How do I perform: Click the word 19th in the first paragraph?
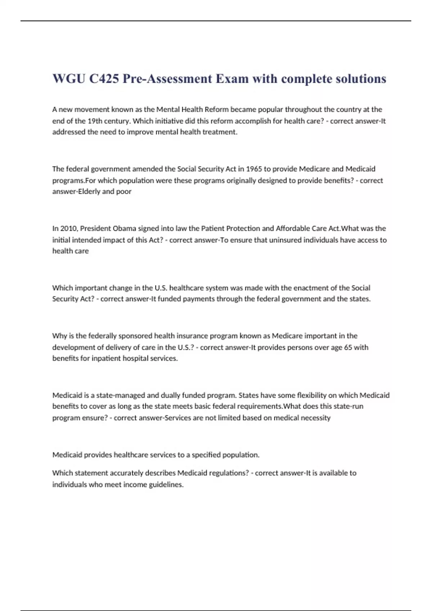(96, 121)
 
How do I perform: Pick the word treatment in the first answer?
(219, 132)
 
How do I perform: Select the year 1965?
(254, 169)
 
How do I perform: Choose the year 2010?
(68, 229)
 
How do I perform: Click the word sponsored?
(135, 336)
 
